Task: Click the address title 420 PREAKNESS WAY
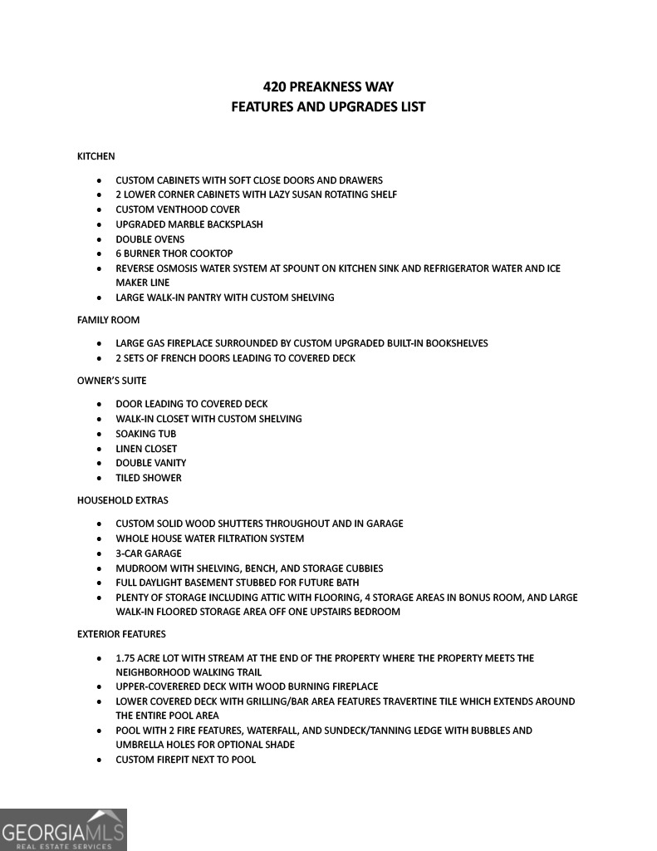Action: coord(328,86)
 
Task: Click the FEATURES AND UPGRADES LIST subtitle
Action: coord(328,107)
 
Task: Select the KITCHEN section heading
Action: coord(96,156)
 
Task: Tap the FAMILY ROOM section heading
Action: coord(108,320)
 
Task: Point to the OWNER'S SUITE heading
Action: coord(111,381)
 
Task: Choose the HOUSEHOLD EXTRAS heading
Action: coord(122,500)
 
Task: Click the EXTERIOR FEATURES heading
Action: coord(121,634)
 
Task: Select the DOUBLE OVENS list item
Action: coord(150,239)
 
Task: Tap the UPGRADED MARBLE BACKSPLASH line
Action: coord(189,224)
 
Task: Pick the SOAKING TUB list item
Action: coord(146,434)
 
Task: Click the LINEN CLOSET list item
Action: coord(146,449)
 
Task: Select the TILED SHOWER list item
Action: coord(149,478)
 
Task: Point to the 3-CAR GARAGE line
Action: coord(149,553)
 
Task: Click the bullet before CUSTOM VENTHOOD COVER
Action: coord(99,210)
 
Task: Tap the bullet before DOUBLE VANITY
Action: coord(99,464)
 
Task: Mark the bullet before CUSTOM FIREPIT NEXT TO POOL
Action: coord(99,760)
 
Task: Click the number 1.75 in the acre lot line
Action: coord(126,658)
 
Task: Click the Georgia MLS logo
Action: coord(63,829)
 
